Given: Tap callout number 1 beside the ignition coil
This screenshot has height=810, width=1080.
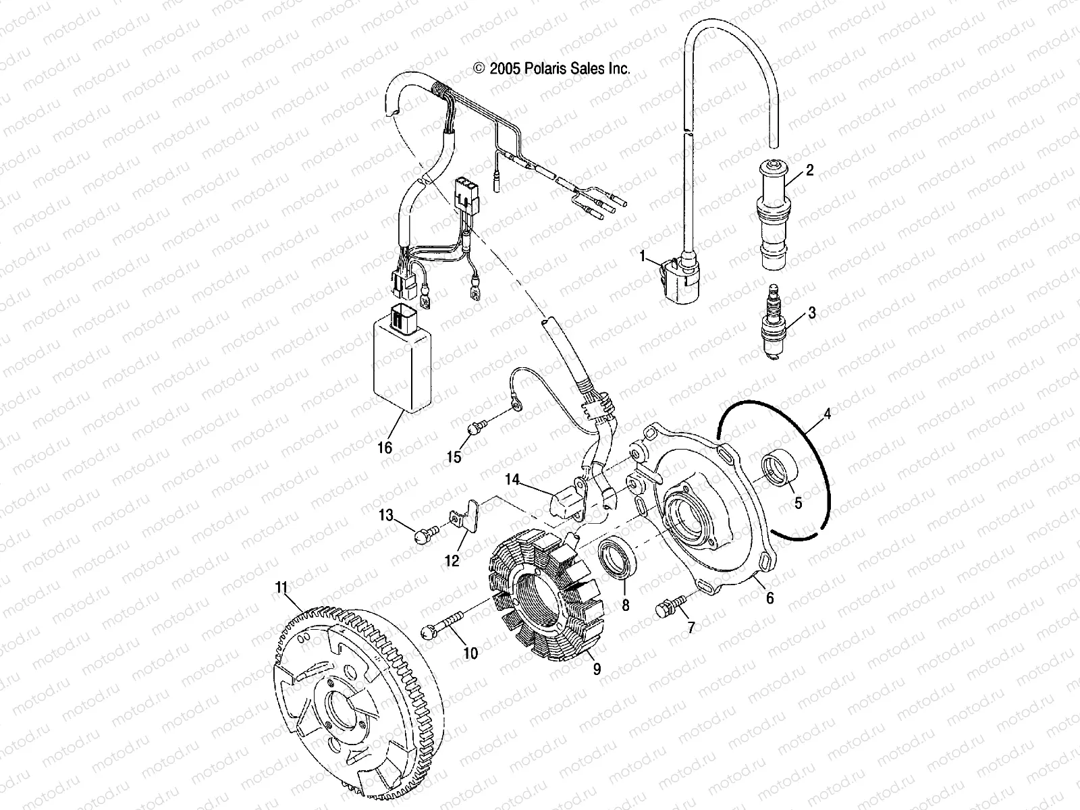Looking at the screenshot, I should coord(644,256).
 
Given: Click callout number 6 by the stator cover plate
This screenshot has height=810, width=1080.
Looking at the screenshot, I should coord(769,598).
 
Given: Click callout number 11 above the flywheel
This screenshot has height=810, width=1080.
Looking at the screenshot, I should coord(281,587).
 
